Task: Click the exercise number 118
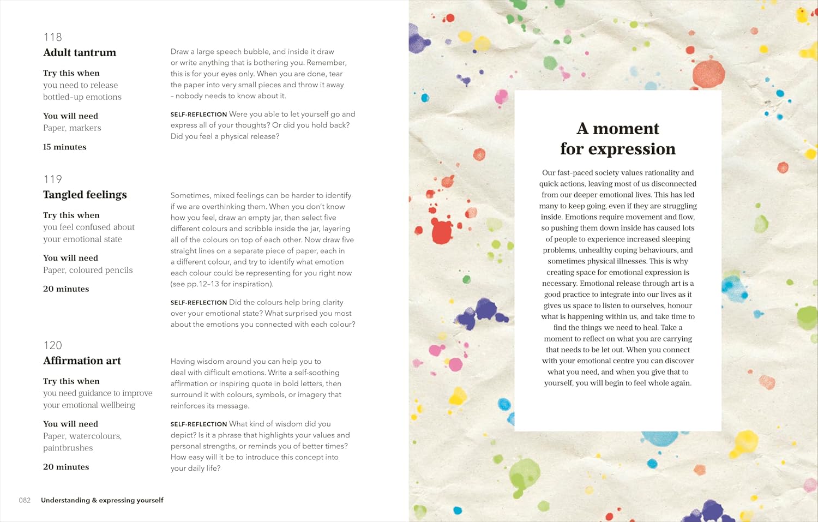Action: point(53,37)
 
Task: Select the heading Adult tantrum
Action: point(80,52)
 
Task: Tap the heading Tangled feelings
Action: point(85,195)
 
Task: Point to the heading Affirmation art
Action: point(82,361)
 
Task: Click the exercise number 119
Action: point(53,179)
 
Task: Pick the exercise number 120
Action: point(53,345)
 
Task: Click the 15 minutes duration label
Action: point(65,147)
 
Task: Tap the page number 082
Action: point(25,500)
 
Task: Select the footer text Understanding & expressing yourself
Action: point(102,500)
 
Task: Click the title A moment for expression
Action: point(618,139)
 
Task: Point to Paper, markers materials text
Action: point(72,128)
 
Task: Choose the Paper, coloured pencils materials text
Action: point(88,270)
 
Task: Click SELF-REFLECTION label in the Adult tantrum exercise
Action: point(199,115)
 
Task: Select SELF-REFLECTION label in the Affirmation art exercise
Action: point(199,424)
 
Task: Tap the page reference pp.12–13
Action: point(203,284)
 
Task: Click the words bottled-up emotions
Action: point(82,97)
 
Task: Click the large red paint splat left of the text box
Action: point(441,231)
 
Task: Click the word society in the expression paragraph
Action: point(603,173)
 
